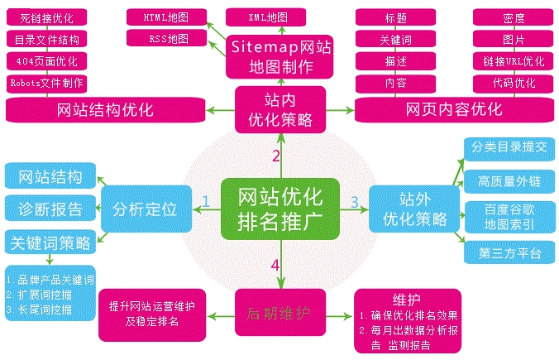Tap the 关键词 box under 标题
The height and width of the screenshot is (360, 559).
click(x=389, y=39)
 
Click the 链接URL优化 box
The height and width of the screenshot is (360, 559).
click(x=508, y=60)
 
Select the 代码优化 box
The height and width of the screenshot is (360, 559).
click(x=508, y=83)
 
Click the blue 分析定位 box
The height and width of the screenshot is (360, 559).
click(x=146, y=208)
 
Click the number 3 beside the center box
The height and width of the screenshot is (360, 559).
click(x=354, y=201)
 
